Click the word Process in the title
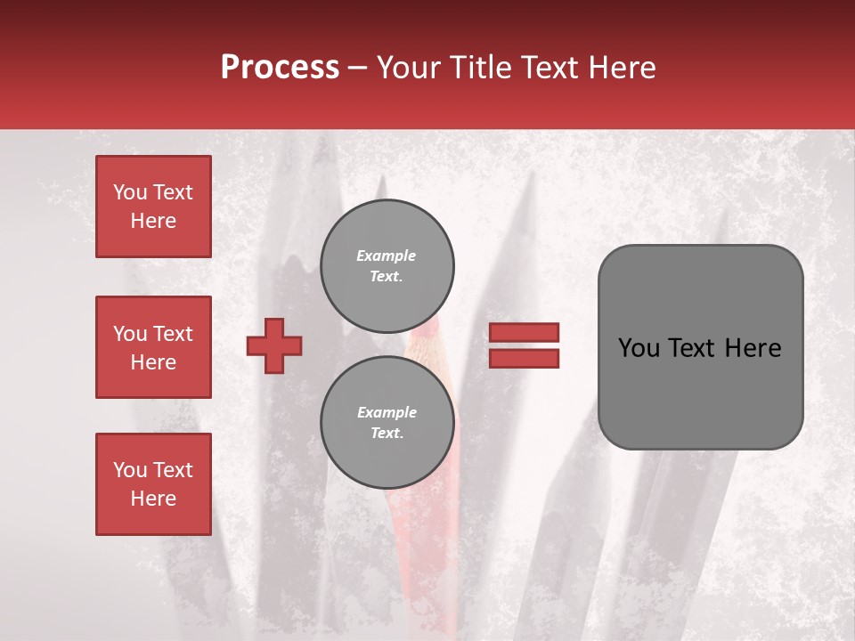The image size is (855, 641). [x=280, y=68]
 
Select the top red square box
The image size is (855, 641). [x=153, y=207]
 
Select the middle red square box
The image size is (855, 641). [x=153, y=347]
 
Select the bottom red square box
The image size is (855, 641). [x=153, y=483]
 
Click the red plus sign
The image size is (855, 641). [x=274, y=345]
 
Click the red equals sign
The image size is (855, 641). [x=525, y=345]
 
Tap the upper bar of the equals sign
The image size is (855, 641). [x=525, y=332]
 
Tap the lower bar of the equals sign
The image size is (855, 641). [x=525, y=358]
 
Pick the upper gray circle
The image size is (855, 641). [x=387, y=266]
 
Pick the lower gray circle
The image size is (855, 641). [x=387, y=423]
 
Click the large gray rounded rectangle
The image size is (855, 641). [x=700, y=347]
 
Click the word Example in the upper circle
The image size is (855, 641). [x=387, y=256]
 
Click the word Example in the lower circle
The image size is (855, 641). [x=387, y=412]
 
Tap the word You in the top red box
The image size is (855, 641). [x=130, y=192]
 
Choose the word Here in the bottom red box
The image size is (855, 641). [x=153, y=499]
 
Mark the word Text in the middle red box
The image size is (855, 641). [x=173, y=334]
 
